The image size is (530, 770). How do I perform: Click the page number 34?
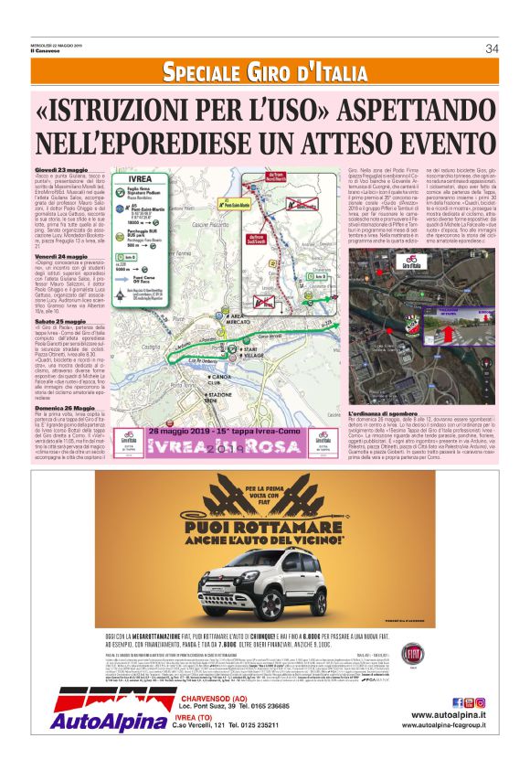pyautogui.click(x=492, y=48)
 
